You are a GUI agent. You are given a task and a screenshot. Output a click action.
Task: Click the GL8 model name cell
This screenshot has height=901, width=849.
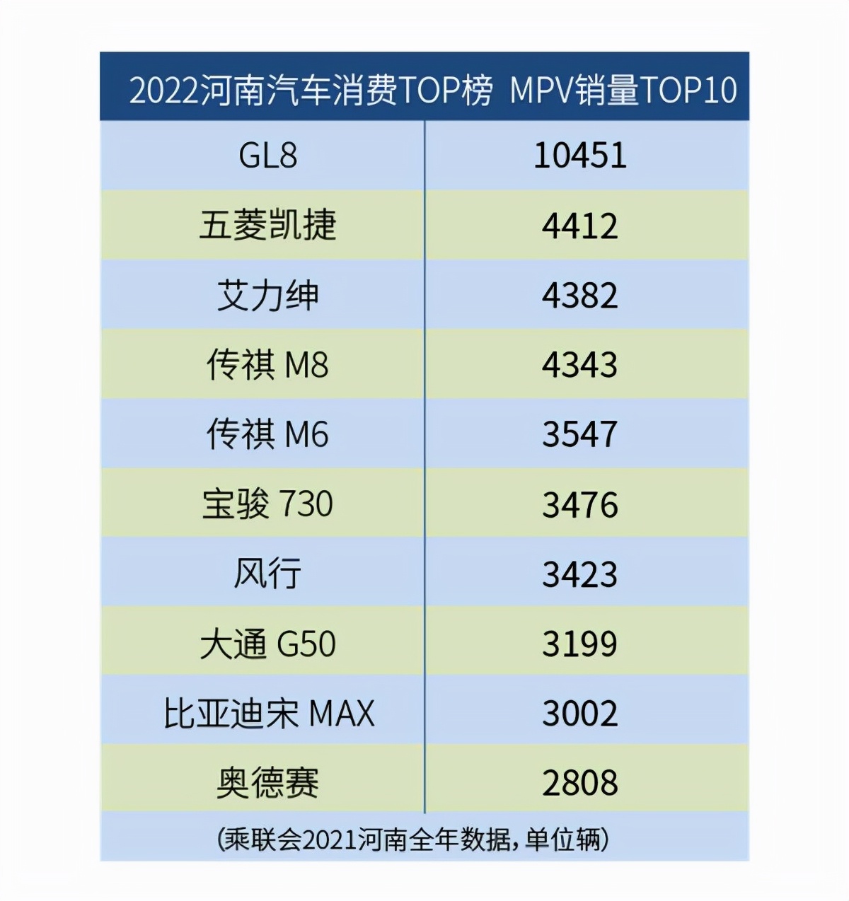click(x=267, y=156)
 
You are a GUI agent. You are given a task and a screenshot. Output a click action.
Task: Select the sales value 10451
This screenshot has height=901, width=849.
click(x=579, y=156)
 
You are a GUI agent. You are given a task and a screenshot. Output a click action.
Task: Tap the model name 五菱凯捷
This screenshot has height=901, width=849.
click(x=267, y=225)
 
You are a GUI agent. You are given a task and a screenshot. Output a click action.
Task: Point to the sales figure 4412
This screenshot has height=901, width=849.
click(x=579, y=226)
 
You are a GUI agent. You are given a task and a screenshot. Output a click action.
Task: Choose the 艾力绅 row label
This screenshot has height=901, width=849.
click(x=267, y=295)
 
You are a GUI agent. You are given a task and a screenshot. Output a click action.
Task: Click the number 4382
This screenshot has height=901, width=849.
click(x=579, y=295)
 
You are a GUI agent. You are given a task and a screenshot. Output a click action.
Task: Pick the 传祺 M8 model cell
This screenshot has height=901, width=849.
click(x=267, y=365)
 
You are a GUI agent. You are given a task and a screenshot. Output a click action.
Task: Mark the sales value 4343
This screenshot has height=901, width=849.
click(x=579, y=365)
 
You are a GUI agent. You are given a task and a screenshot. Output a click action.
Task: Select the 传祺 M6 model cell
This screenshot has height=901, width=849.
click(x=267, y=434)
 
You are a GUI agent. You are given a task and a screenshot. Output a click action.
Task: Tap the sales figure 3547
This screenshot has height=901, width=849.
click(x=579, y=434)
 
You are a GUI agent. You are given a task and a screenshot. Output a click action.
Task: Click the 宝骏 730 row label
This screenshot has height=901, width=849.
click(x=267, y=504)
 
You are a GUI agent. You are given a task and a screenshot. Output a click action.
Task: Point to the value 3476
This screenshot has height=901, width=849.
click(x=579, y=504)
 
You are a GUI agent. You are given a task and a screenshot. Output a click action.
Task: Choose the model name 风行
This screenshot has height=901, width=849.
click(x=267, y=574)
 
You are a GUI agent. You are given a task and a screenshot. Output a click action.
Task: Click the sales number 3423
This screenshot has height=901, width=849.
click(x=579, y=574)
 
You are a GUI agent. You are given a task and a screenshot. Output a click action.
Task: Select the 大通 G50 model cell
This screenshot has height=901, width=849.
click(x=267, y=644)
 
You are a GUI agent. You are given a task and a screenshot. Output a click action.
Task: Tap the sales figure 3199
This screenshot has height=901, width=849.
click(x=579, y=644)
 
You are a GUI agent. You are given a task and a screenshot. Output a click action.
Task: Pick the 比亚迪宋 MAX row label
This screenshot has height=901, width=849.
click(x=269, y=713)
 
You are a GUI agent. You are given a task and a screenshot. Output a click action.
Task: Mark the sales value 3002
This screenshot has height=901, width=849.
click(x=579, y=713)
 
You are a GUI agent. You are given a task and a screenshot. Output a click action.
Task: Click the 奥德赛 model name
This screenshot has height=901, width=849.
click(x=267, y=783)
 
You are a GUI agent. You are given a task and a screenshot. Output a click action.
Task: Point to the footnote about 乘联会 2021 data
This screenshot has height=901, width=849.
click(x=413, y=839)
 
